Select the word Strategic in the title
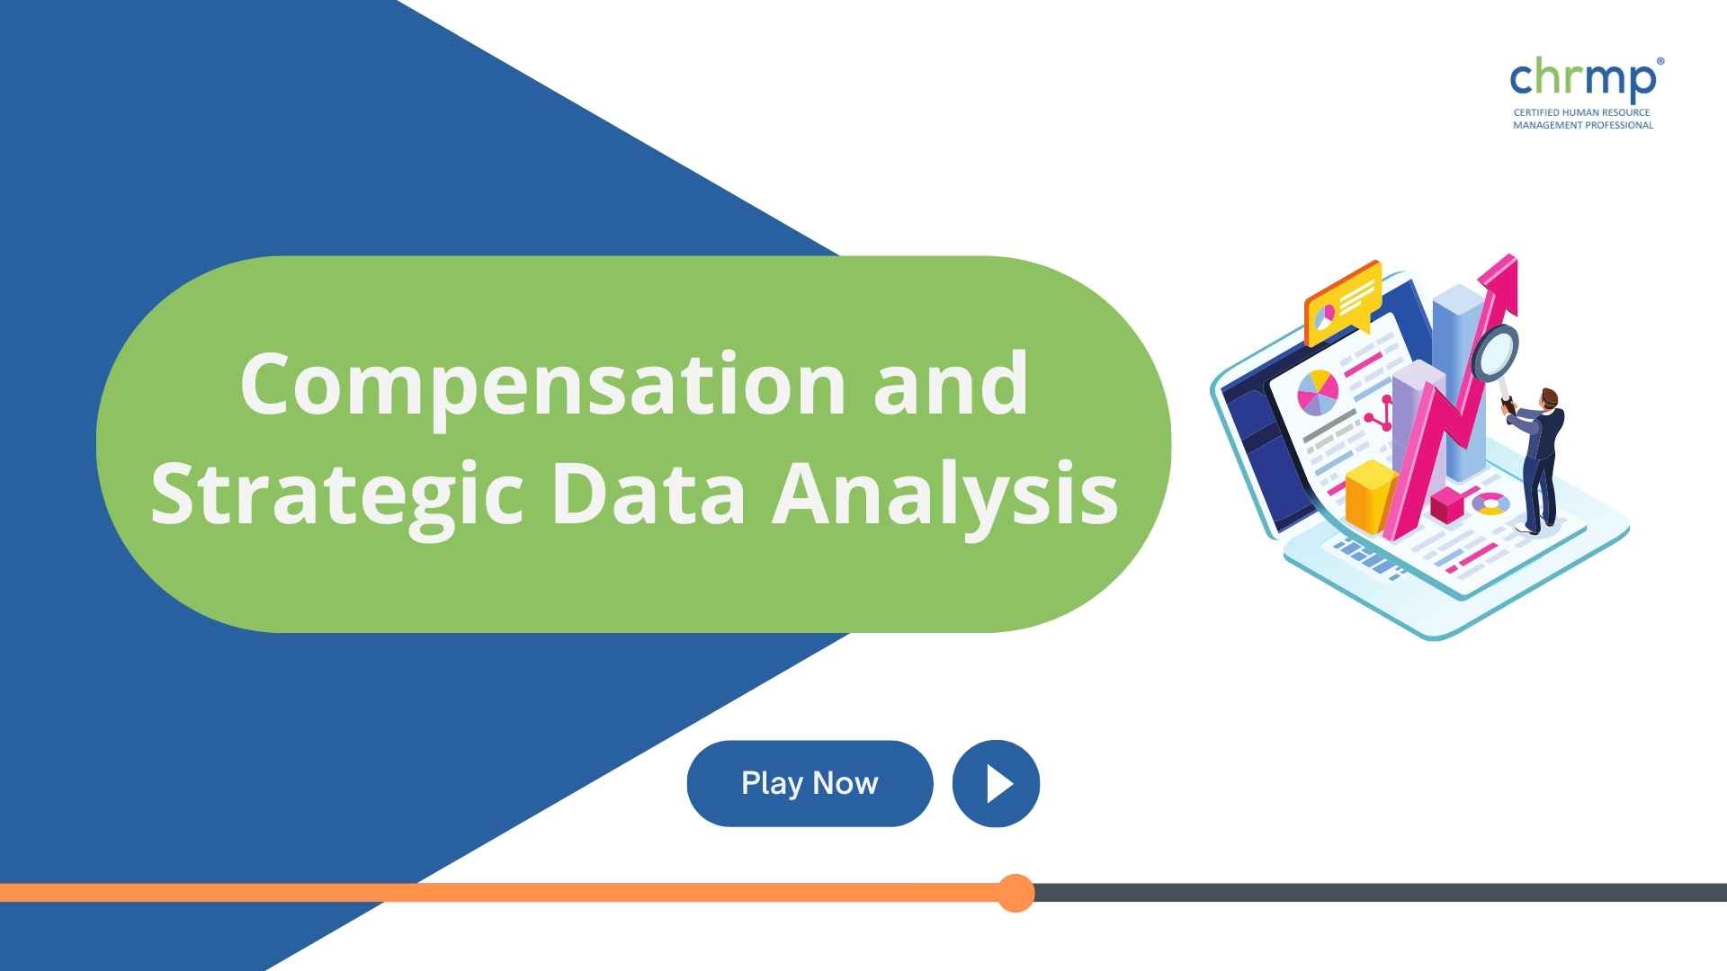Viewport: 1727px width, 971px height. tap(336, 497)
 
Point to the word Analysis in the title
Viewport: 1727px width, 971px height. tap(945, 497)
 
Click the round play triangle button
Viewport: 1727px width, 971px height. tap(996, 783)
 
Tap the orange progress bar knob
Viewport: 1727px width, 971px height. tap(1016, 893)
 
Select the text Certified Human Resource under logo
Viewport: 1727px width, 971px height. tap(1581, 113)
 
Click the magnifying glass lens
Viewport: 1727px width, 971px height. tap(1495, 353)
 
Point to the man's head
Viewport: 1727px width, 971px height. tap(1548, 398)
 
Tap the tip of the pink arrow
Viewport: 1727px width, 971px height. tap(1515, 257)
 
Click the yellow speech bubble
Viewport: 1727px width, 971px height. tap(1343, 301)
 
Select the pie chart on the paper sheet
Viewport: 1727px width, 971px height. tap(1318, 393)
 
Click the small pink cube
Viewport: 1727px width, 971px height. tap(1447, 505)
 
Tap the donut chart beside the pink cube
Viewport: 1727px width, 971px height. tap(1491, 503)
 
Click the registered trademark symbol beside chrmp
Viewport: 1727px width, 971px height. tap(1660, 62)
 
